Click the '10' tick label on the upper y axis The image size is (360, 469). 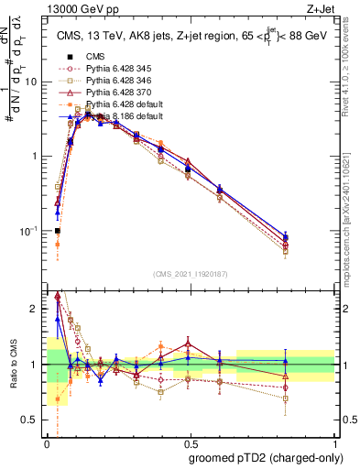coord(32,81)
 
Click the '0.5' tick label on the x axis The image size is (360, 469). coord(190,443)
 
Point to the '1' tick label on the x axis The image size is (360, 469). coord(333,443)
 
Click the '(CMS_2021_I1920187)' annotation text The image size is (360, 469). coord(190,273)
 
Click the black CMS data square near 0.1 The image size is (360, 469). coord(58,231)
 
